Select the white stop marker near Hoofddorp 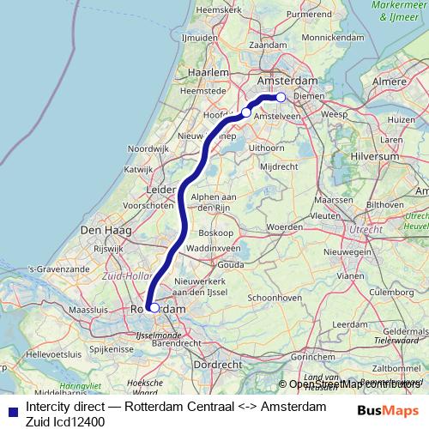tap(246, 112)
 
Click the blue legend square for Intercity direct tap(10, 409)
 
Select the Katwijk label tap(137, 169)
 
